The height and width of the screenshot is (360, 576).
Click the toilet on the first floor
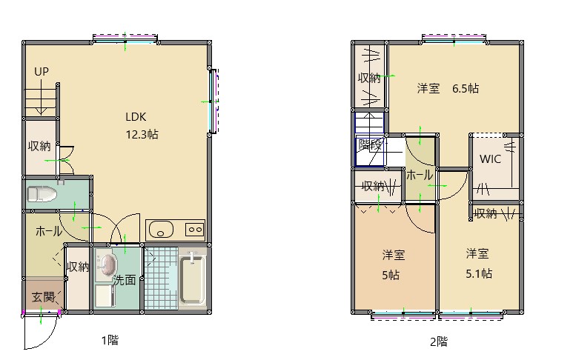point(42,194)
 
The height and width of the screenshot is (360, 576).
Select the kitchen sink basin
point(161,230)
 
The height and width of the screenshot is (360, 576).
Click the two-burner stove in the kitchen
point(195,230)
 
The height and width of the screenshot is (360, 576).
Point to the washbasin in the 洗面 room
point(107,264)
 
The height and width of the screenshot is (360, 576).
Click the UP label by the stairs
point(42,71)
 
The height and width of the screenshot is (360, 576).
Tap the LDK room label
point(136,117)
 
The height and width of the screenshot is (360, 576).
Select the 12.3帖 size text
point(142,134)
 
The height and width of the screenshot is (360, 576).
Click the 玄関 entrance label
point(43,297)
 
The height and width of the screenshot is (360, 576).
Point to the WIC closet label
point(491,159)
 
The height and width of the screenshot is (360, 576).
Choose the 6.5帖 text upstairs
point(466,88)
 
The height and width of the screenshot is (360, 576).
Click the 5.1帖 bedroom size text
point(479,273)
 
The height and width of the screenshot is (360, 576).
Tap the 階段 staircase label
point(370,144)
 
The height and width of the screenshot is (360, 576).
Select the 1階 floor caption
point(110,340)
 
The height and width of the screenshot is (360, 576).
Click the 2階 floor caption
point(439,341)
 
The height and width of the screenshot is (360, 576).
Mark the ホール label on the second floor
point(420,176)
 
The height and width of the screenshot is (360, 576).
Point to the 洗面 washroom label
point(125,280)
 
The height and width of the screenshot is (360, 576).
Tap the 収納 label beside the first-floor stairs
point(39,146)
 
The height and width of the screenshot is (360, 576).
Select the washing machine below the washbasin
point(105,296)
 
